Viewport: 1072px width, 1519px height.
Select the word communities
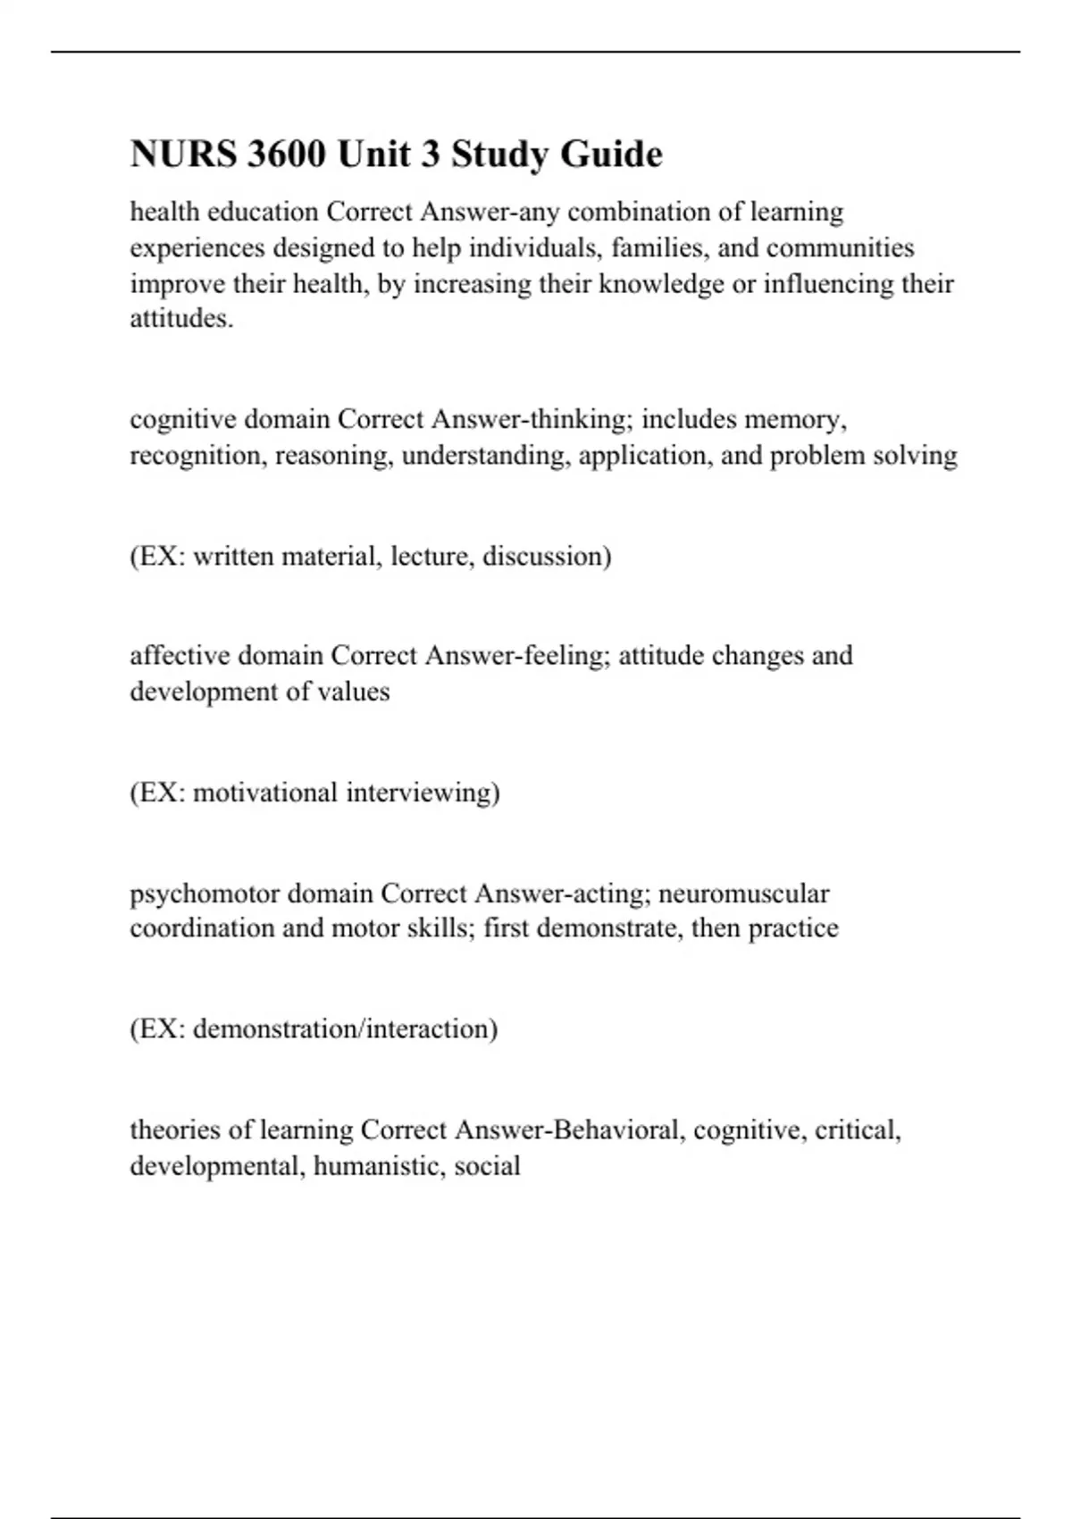click(840, 248)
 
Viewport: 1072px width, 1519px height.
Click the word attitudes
click(181, 319)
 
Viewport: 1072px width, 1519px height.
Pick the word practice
click(793, 929)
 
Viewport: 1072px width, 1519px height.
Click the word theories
click(176, 1130)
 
